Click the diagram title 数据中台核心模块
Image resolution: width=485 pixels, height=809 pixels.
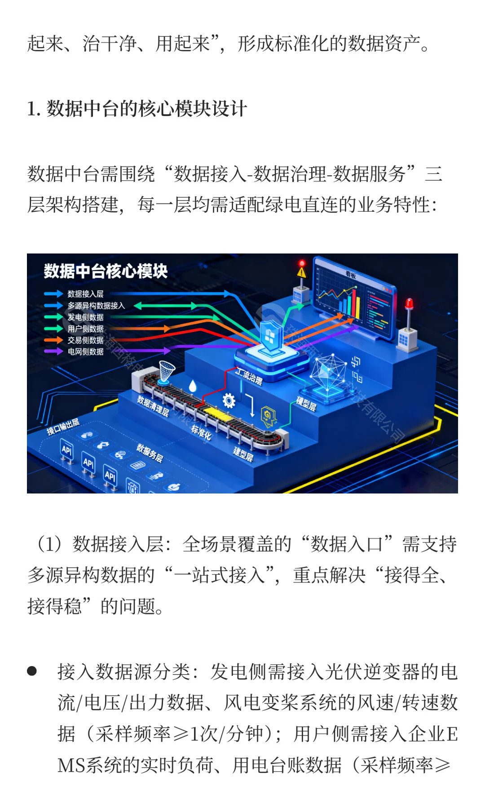(106, 271)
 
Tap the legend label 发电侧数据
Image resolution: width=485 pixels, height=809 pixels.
(85, 317)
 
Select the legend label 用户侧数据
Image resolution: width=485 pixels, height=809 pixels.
(85, 329)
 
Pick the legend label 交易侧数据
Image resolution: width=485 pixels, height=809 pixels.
(85, 340)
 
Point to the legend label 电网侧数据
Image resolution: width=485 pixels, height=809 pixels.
(85, 351)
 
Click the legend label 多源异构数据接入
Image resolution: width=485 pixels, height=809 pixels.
(96, 306)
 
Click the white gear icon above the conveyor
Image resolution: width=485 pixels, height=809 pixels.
(229, 400)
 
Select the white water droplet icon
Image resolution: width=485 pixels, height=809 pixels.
(193, 386)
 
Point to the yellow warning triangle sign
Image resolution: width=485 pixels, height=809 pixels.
(302, 272)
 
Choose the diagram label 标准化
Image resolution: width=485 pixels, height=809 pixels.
(201, 432)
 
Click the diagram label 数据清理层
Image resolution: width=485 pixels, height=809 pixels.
(153, 406)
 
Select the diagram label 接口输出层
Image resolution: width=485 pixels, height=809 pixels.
(63, 427)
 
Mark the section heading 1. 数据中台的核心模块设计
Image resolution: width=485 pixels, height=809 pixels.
(137, 109)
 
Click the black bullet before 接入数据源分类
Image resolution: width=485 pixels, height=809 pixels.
(32, 671)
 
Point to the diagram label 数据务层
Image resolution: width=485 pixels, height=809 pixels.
(150, 453)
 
